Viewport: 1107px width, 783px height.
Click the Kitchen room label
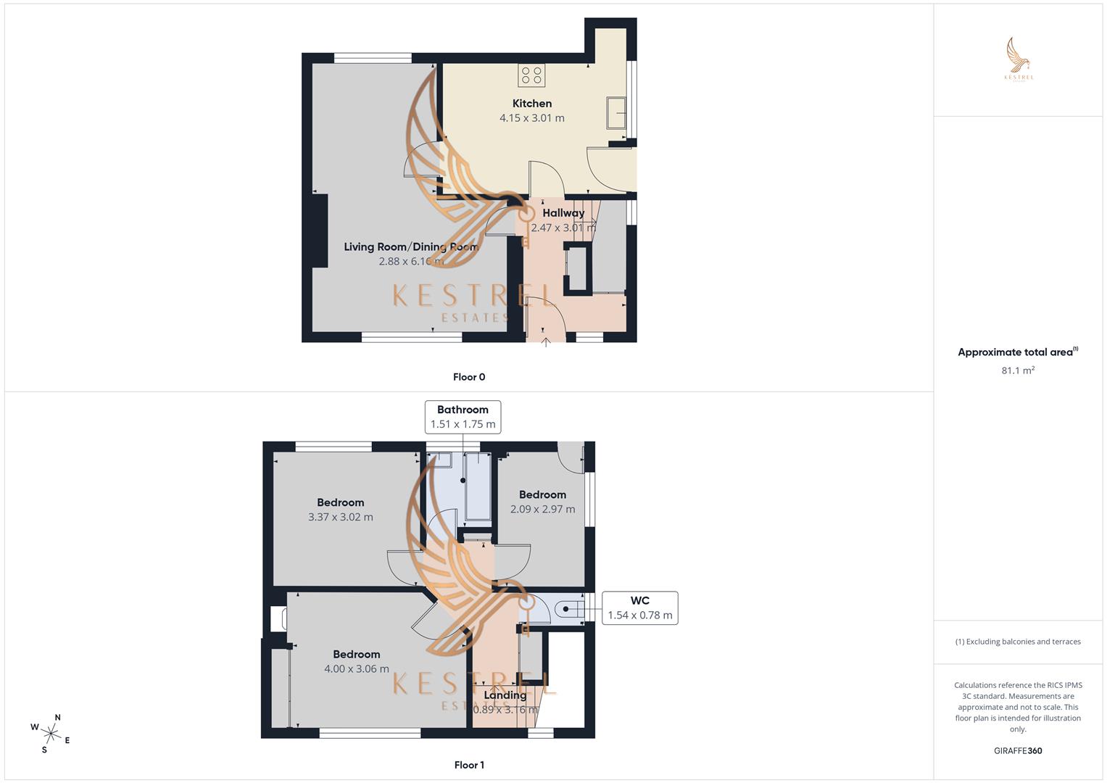click(531, 104)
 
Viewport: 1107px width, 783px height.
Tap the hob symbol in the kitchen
click(531, 75)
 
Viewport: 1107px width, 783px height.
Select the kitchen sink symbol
click(617, 112)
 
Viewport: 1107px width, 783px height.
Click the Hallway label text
click(563, 213)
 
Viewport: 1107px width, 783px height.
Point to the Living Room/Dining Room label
click(410, 246)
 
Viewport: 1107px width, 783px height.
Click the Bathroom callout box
click(463, 417)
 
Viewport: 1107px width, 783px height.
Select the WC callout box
click(639, 608)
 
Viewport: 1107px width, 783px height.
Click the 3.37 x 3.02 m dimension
click(340, 518)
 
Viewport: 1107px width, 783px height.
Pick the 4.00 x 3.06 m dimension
click(356, 669)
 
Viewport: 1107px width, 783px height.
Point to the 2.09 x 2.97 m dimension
click(542, 510)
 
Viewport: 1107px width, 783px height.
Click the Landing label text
click(505, 695)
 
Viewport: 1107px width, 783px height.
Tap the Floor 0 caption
click(469, 377)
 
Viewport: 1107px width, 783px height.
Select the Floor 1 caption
click(469, 765)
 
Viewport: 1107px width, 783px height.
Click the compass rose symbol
click(51, 734)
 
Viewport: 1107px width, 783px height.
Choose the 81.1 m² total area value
click(1018, 370)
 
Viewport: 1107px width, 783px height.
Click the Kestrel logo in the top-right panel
click(1018, 59)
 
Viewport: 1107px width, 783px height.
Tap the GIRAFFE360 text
click(1018, 751)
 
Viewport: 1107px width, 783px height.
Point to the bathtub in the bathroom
click(477, 487)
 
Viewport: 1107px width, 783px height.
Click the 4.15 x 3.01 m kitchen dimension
click(531, 118)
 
